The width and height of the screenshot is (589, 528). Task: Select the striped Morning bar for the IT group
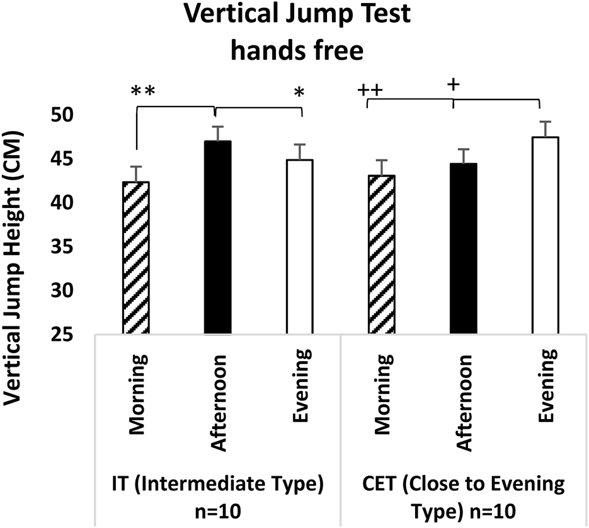coord(136,258)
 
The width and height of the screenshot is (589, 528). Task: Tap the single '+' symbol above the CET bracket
coord(452,86)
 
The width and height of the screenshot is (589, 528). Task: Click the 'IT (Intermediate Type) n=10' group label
coord(216,496)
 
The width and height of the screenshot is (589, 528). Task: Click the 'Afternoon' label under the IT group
coord(219,401)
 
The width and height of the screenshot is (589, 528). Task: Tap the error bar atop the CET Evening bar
coord(546,128)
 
